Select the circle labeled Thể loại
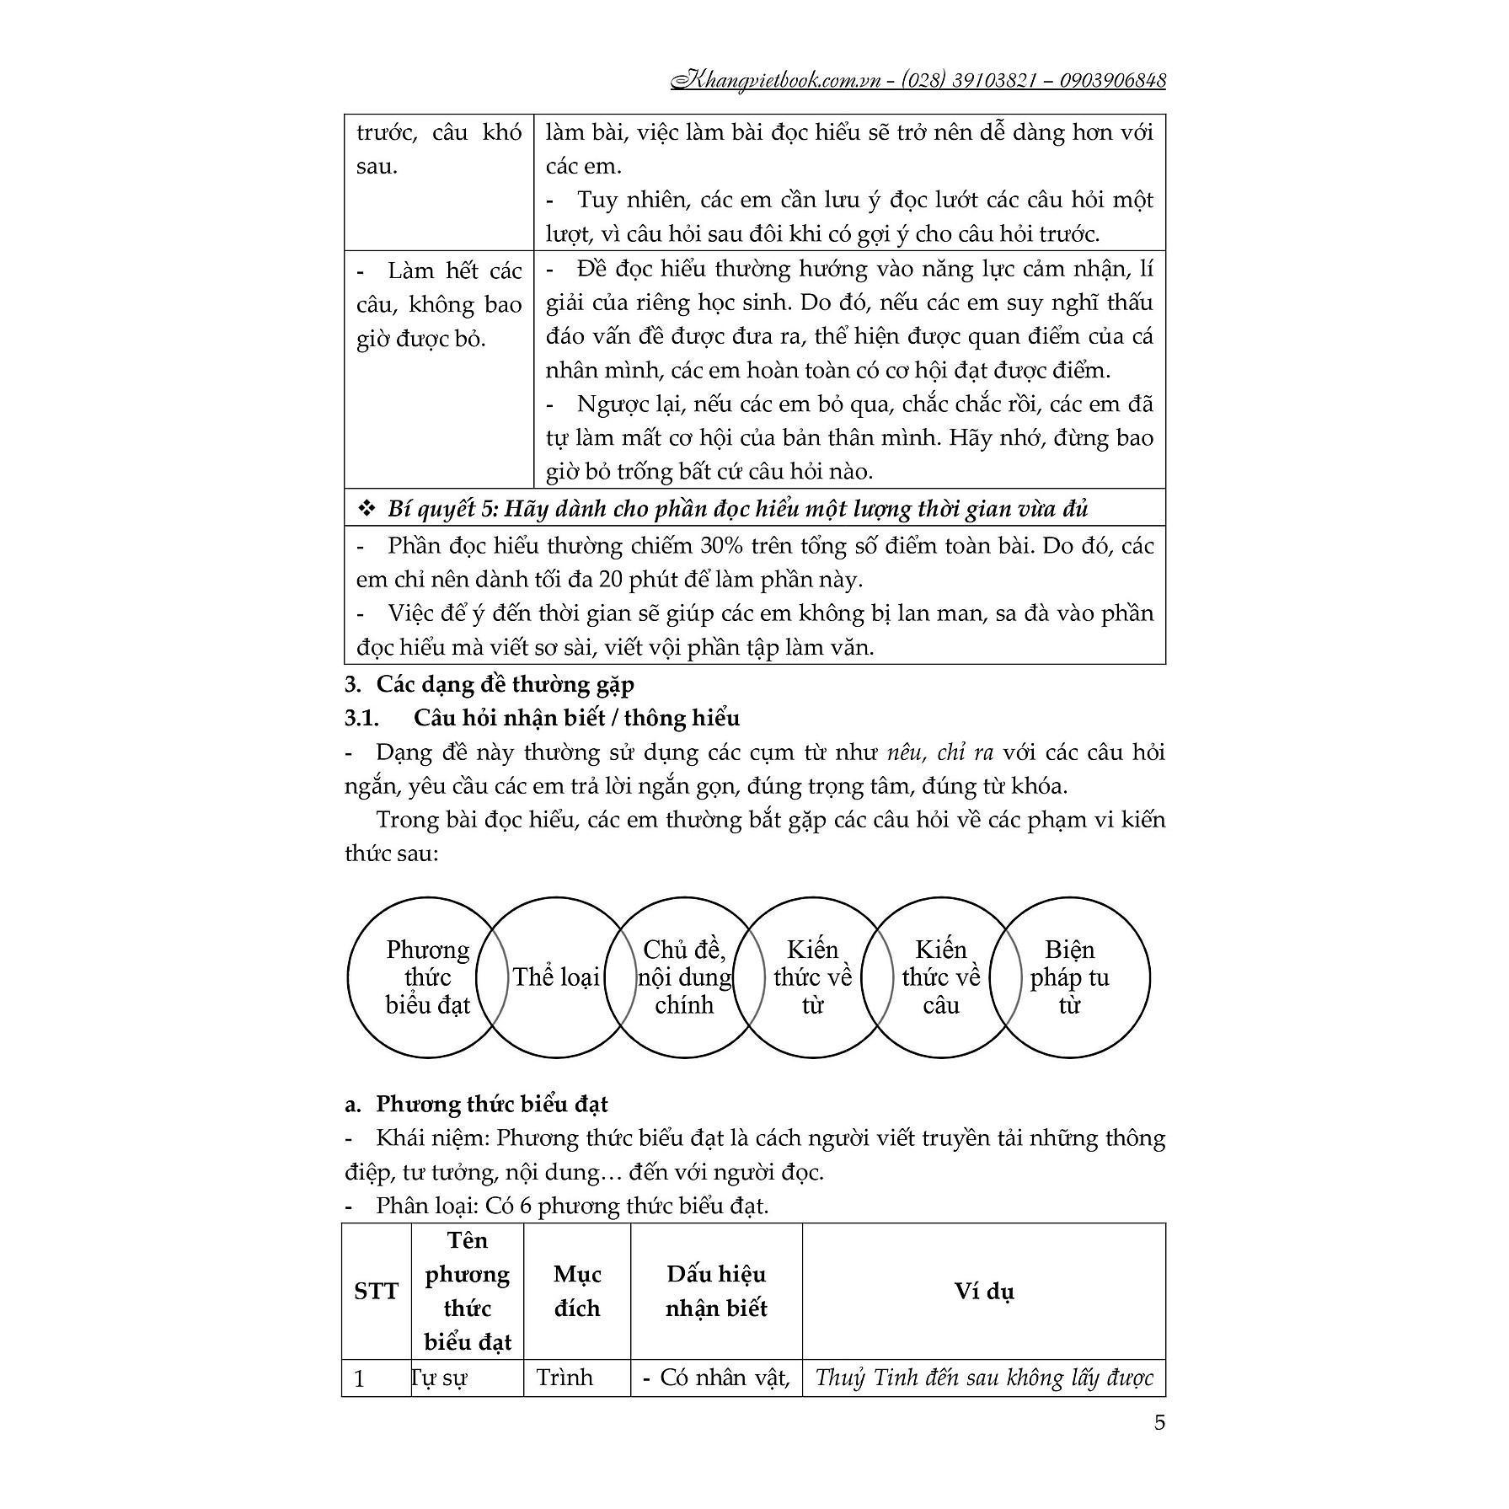tap(556, 977)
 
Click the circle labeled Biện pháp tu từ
tap(1069, 977)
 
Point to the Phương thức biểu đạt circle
tap(427, 977)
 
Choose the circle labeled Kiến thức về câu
tap(941, 977)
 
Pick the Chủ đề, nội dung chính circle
tap(684, 977)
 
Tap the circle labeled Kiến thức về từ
tap(812, 977)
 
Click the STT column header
tap(376, 1291)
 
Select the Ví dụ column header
tap(983, 1291)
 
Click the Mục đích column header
tap(576, 1291)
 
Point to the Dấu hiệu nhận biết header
tap(716, 1291)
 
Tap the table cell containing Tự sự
tap(467, 1378)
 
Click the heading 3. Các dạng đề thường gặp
tap(505, 684)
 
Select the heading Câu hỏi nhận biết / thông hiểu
tap(576, 718)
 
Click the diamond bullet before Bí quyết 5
tap(367, 510)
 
